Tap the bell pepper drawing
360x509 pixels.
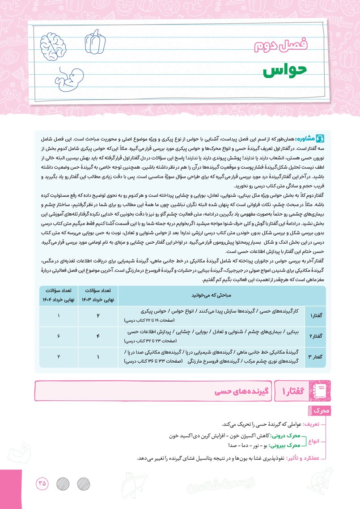pos(95,40)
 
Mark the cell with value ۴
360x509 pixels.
pos(98,335)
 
